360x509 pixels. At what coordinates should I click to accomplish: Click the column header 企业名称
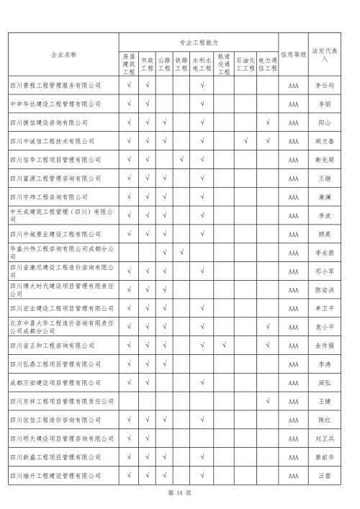coord(63,54)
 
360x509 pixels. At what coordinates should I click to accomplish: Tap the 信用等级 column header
coord(293,54)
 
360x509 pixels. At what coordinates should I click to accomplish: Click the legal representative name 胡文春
coord(325,141)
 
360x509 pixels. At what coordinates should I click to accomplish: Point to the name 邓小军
coord(325,271)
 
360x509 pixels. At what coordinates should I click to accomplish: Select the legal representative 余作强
coord(325,346)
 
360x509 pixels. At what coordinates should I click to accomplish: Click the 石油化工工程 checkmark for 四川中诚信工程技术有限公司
coord(246,141)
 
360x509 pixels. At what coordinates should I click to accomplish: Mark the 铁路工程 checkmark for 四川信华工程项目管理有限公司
coord(181,160)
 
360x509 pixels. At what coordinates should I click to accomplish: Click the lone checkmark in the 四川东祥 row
coord(267,401)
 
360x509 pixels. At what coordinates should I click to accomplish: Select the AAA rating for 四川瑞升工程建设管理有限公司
coord(293,475)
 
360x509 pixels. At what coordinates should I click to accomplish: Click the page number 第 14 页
coord(179,493)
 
